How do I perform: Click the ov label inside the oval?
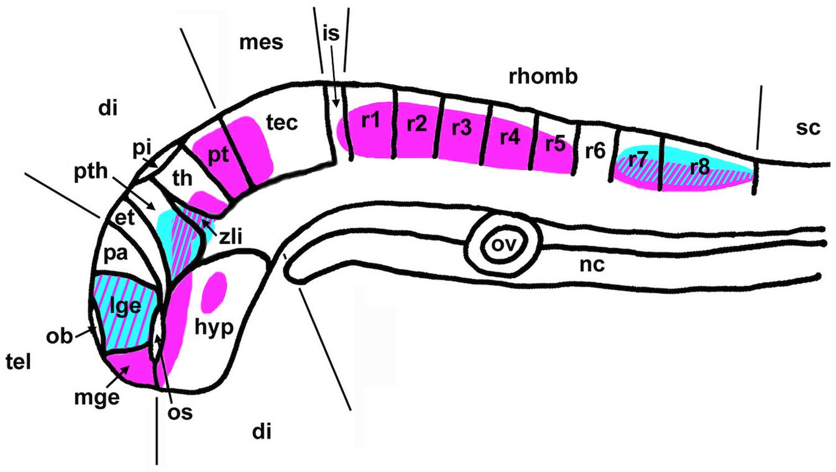coord(505,243)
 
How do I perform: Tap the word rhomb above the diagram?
coord(543,76)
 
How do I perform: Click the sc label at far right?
coord(808,128)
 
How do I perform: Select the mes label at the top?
coord(260,42)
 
